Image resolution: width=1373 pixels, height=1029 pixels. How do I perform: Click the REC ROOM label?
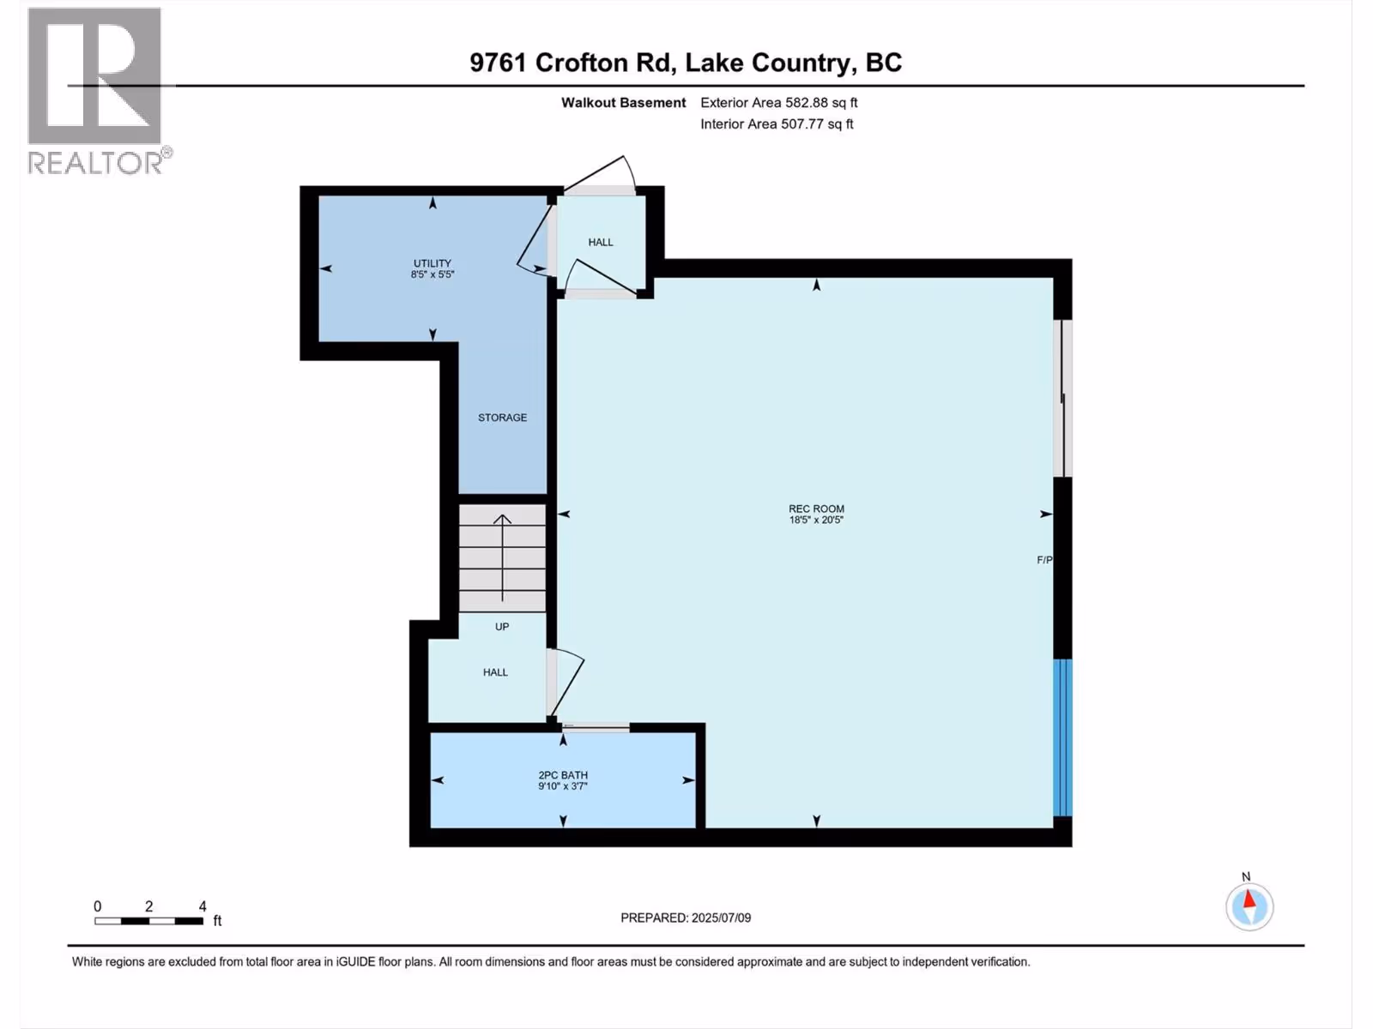(816, 508)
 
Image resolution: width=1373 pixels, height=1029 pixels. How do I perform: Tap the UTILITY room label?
(432, 263)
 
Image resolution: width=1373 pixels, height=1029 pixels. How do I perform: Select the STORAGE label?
(502, 418)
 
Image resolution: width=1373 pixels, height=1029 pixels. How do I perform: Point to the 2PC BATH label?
(563, 775)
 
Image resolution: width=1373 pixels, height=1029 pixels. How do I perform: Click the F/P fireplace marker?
(1044, 560)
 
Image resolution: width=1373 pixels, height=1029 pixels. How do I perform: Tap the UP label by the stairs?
(502, 627)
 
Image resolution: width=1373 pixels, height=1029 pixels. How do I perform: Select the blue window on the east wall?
(1062, 737)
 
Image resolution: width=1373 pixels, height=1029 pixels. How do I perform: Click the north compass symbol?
(1249, 906)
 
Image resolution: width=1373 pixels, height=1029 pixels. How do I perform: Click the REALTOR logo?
(98, 92)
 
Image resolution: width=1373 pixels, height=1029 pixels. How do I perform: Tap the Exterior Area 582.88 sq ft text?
(779, 102)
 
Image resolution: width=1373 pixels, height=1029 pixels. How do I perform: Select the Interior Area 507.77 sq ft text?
(777, 123)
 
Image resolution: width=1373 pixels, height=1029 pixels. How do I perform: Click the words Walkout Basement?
(623, 102)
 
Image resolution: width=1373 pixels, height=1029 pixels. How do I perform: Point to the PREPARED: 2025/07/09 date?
(686, 918)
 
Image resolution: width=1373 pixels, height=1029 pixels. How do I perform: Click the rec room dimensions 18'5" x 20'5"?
(816, 520)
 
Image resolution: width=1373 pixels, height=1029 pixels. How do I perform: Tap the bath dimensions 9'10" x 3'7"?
(563, 786)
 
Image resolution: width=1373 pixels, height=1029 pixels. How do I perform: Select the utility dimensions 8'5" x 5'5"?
(432, 274)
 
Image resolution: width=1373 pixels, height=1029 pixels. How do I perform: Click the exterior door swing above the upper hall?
(599, 173)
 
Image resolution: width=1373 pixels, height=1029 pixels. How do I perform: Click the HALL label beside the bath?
(495, 672)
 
